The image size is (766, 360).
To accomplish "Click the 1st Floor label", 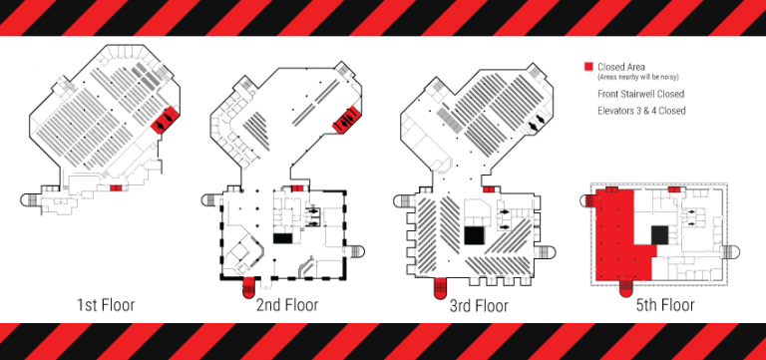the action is click(106, 305).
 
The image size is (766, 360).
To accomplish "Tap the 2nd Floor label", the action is click(287, 305).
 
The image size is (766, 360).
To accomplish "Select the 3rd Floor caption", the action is click(479, 306).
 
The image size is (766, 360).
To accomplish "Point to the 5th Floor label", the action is click(665, 305).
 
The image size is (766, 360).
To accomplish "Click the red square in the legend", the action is click(589, 67).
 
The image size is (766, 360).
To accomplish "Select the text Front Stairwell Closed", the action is click(641, 94).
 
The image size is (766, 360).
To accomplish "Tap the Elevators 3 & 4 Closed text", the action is click(641, 111).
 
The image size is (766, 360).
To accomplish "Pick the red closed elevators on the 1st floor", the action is click(166, 120).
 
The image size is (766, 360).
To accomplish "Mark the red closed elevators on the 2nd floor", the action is click(346, 120).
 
